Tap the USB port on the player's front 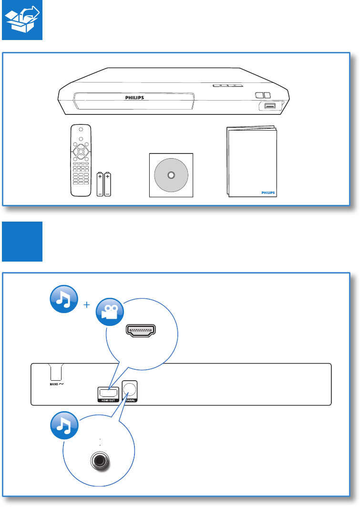click(x=268, y=106)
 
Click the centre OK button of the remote click(x=81, y=152)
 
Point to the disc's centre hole click(x=171, y=175)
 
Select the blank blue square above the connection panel click(x=22, y=241)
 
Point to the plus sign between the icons click(x=87, y=305)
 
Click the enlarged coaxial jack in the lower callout click(x=100, y=461)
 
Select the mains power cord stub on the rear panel click(x=58, y=371)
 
